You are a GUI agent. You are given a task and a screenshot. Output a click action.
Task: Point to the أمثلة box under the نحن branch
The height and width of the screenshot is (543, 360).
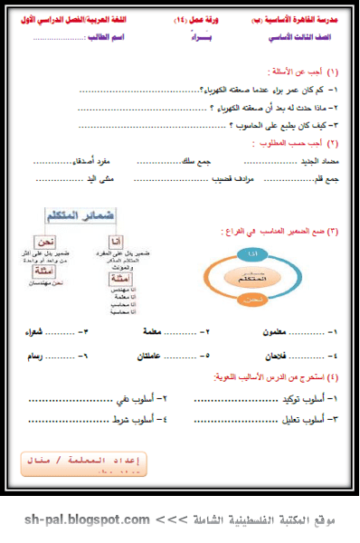click(x=39, y=271)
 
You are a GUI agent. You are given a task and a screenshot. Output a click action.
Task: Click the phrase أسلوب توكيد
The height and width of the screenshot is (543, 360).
click(x=305, y=397)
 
